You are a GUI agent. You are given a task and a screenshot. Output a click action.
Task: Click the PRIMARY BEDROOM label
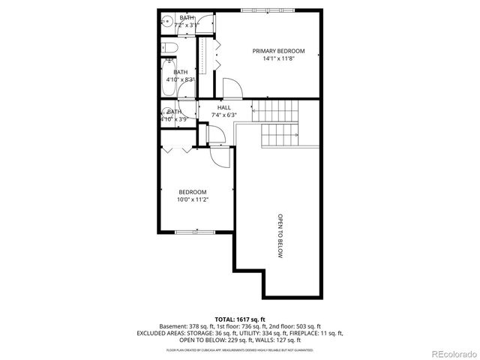[278, 50]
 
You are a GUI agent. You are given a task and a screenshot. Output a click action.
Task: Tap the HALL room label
[223, 107]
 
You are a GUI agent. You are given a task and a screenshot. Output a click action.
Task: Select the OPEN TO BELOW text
[280, 236]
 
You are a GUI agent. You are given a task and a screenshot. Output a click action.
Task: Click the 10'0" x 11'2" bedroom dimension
[192, 199]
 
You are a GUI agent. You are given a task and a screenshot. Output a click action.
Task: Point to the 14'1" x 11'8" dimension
[278, 58]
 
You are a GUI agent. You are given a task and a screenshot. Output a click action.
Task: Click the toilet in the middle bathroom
[170, 49]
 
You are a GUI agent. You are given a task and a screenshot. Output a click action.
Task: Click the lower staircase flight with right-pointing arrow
[280, 136]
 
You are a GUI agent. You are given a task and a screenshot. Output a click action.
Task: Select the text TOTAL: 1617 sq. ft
[239, 319]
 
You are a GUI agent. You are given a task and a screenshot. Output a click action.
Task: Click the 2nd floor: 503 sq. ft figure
[294, 326]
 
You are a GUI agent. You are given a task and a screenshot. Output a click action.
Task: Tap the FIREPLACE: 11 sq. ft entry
[316, 333]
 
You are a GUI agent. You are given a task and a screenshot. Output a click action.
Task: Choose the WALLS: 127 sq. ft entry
[273, 340]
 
